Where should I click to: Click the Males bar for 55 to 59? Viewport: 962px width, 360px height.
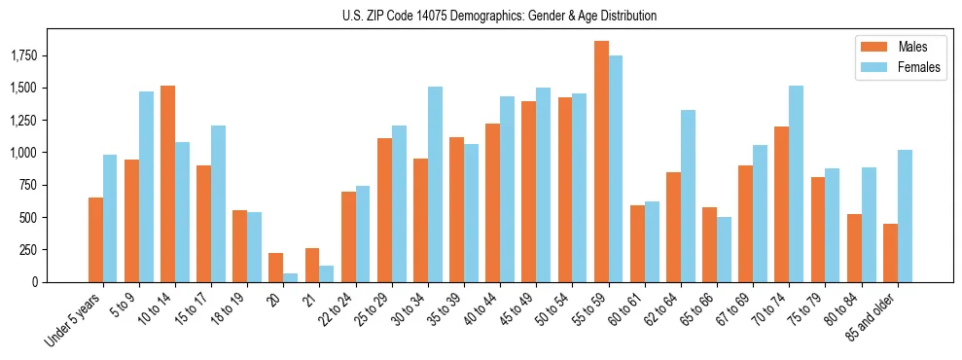pos(601,162)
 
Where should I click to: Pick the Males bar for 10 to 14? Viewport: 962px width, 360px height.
pos(167,184)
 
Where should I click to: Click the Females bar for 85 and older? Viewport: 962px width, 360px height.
pos(905,216)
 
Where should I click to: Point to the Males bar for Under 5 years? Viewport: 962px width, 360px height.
pos(95,239)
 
